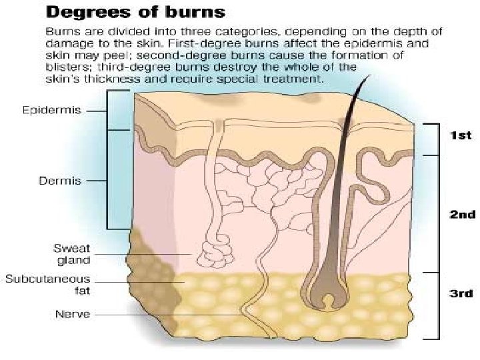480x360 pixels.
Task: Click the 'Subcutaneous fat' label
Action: (47, 284)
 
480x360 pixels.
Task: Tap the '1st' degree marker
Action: (459, 135)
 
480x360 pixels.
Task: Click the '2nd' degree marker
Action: (461, 215)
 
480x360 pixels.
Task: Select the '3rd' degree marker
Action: (459, 293)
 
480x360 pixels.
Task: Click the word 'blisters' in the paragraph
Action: (67, 67)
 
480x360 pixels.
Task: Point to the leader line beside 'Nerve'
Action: (167, 314)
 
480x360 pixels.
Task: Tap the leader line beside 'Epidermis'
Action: (97, 110)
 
